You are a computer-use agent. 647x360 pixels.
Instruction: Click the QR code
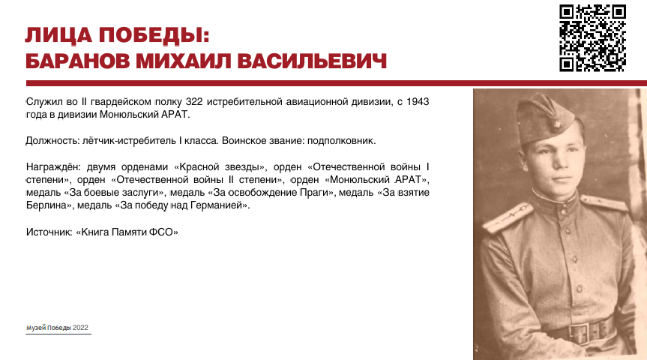click(x=592, y=38)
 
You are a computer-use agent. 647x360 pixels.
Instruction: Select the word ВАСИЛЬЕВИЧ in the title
click(x=312, y=61)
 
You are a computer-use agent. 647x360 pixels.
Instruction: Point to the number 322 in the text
click(x=194, y=101)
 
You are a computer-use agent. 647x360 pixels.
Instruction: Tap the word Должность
click(x=51, y=141)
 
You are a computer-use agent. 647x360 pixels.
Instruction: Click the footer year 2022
click(x=80, y=328)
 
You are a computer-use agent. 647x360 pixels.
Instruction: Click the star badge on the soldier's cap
click(x=556, y=124)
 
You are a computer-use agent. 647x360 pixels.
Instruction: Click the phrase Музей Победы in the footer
click(x=48, y=328)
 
